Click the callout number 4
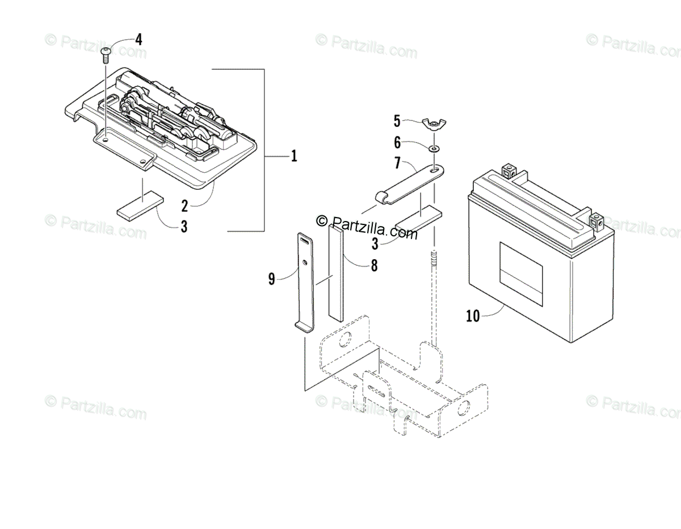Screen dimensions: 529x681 pyautogui.click(x=138, y=40)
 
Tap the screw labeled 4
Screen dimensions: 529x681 pyautogui.click(x=106, y=54)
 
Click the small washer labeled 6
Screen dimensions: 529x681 pyautogui.click(x=434, y=148)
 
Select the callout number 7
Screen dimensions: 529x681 pyautogui.click(x=397, y=164)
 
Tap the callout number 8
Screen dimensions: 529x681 pyautogui.click(x=374, y=265)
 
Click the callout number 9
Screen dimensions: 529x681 pyautogui.click(x=272, y=278)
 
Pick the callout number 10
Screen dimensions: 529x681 pyautogui.click(x=473, y=316)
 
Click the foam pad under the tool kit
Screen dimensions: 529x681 pyautogui.click(x=140, y=207)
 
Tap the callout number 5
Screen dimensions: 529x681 pyautogui.click(x=397, y=120)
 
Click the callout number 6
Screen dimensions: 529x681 pyautogui.click(x=397, y=143)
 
